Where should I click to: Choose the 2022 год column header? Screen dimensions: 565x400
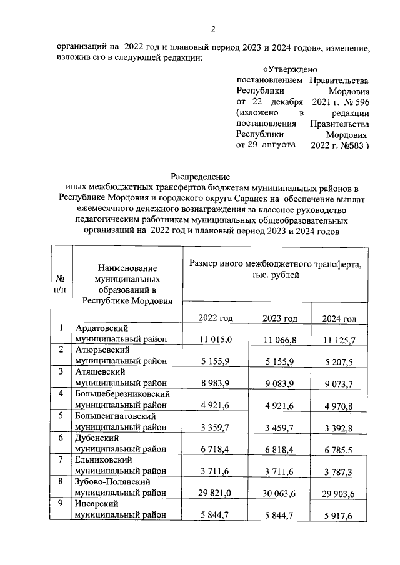point(216,318)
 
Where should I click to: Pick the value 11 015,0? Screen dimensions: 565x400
point(216,339)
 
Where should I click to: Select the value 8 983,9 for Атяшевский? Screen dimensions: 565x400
point(216,383)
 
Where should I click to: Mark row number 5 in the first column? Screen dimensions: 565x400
point(61,416)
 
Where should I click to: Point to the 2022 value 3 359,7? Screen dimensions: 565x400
point(216,427)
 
